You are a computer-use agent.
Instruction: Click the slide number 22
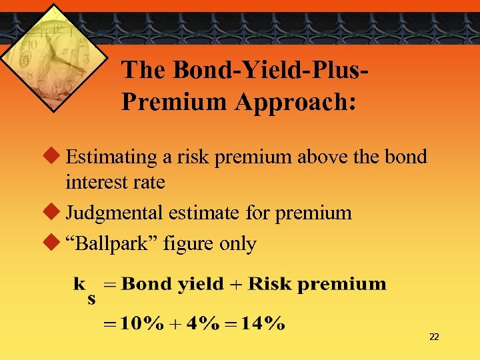[434, 337]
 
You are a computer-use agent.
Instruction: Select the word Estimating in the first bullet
[113, 157]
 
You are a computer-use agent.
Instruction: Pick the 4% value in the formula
[202, 325]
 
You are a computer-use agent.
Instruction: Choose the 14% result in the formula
[263, 325]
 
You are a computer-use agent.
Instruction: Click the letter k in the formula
[79, 284]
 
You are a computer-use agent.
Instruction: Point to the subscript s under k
[91, 299]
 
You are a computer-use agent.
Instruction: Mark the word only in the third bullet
[237, 244]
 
